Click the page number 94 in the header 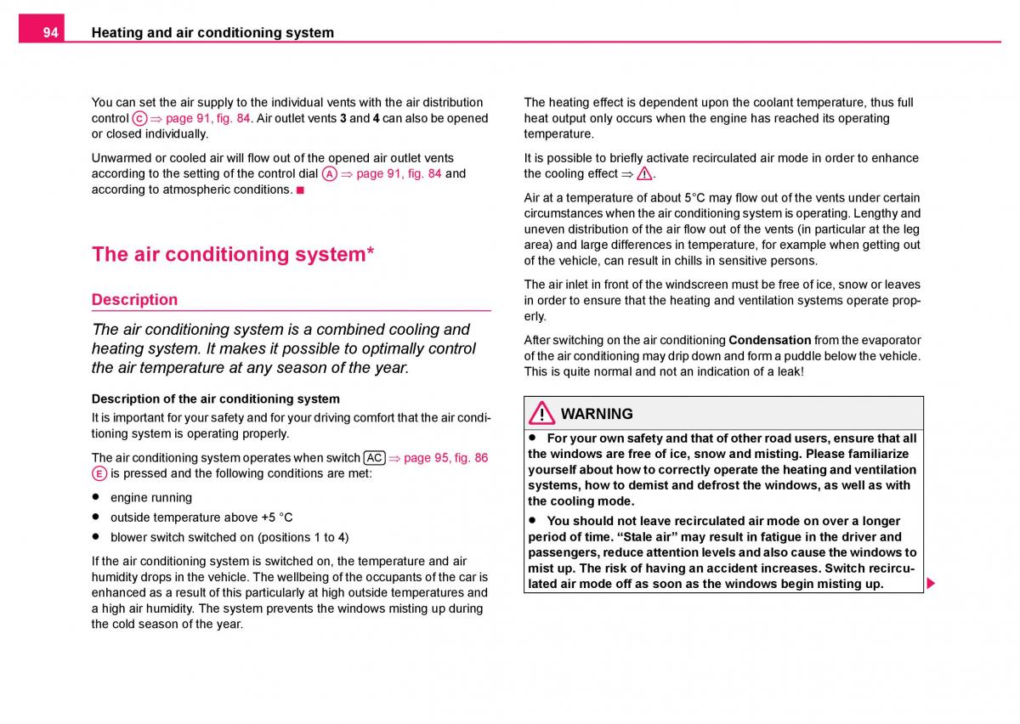[51, 32]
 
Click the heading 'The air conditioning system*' [233, 254]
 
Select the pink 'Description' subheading [134, 299]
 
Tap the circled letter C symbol [139, 119]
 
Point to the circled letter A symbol [330, 174]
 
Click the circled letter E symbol [99, 474]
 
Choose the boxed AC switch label [374, 458]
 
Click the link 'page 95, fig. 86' [445, 458]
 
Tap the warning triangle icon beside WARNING [541, 415]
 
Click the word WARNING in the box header [597, 414]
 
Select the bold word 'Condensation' [769, 340]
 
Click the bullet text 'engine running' [151, 498]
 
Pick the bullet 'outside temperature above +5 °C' [201, 518]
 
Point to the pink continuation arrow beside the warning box [931, 584]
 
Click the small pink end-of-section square [300, 189]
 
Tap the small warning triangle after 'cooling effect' [644, 174]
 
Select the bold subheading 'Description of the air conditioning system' [215, 399]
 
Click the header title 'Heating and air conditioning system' [212, 32]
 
